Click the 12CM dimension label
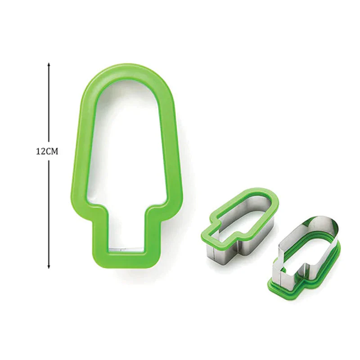tap(47, 152)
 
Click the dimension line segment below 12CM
tap(49, 211)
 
